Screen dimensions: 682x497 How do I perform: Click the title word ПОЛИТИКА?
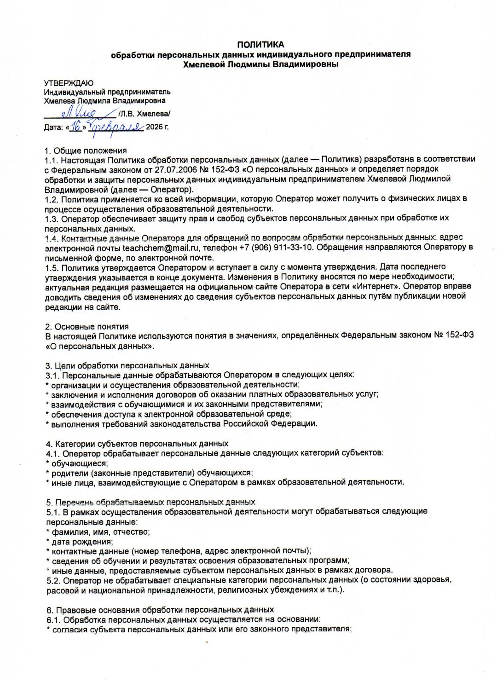[x=260, y=45]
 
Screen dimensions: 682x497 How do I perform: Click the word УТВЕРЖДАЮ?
[x=69, y=83]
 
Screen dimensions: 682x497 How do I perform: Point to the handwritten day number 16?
[x=76, y=126]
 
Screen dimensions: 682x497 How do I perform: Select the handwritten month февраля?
[x=116, y=127]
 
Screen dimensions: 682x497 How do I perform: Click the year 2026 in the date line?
[x=154, y=127]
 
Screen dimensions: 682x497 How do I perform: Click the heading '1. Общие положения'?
[x=86, y=150]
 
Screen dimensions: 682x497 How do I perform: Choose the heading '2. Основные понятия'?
[x=87, y=326]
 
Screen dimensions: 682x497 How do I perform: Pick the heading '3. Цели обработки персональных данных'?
[x=127, y=365]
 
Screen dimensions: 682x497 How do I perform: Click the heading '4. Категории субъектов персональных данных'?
[x=137, y=444]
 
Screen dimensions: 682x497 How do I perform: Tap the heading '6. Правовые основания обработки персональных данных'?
[x=160, y=610]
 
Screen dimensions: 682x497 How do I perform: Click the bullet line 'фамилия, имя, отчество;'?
[x=100, y=532]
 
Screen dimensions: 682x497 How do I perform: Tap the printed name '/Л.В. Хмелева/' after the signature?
[x=144, y=113]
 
